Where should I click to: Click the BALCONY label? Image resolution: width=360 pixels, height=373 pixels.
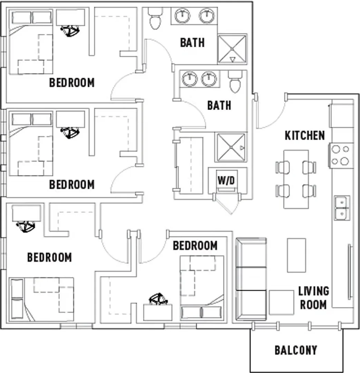pos(296,350)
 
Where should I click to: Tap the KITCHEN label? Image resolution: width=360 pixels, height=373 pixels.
pos(304,135)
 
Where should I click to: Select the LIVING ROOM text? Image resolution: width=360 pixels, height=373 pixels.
pos(314,298)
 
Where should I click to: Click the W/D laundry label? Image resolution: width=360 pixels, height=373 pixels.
pos(226,180)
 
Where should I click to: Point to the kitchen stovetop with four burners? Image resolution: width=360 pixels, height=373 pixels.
pos(341,155)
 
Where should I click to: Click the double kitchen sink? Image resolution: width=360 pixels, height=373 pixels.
pos(342,208)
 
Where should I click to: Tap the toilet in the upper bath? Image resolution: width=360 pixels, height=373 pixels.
pos(156,18)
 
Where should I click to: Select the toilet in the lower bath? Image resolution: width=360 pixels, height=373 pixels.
pos(235,81)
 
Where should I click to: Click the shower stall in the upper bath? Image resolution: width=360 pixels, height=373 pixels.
pos(232,49)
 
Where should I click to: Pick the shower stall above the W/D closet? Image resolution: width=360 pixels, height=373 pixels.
pos(231,147)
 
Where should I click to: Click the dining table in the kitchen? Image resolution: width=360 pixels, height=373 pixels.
pos(296,179)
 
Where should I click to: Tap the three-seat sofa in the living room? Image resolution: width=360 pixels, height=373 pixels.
pos(251,279)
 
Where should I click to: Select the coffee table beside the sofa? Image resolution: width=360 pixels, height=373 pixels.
pos(296,255)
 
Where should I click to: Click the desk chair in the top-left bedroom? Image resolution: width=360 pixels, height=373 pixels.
pos(70,31)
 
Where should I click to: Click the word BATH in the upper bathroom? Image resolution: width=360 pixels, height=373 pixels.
pos(192,43)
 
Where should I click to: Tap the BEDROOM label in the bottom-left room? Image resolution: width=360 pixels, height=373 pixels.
pos(49,257)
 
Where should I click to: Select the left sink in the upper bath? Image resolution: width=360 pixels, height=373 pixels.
pos(182,16)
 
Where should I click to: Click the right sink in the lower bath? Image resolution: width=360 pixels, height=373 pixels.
pos(209,78)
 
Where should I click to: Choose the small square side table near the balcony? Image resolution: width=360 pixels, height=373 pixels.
pos(282,302)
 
